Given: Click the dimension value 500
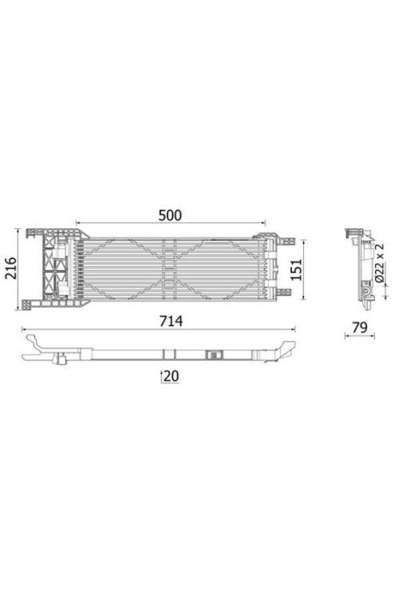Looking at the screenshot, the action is [170, 215].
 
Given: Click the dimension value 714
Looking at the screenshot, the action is [171, 321].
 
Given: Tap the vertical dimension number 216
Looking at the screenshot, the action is [11, 268].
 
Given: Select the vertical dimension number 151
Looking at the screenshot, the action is [296, 269].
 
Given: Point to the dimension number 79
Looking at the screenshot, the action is [359, 327].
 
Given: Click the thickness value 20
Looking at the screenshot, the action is [171, 376].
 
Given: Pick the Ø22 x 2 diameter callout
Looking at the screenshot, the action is [379, 262].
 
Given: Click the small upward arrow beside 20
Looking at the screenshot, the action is [161, 376].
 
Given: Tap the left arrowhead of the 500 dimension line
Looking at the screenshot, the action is [78, 222].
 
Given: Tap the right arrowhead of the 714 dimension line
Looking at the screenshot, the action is [293, 329].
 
